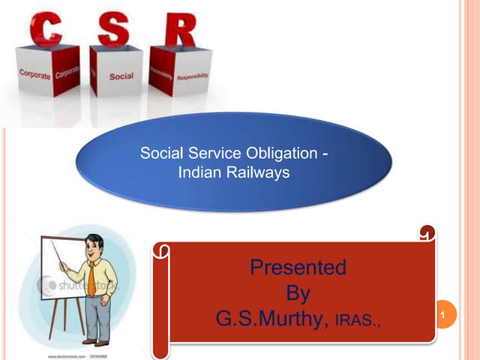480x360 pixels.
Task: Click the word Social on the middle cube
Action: click(121, 76)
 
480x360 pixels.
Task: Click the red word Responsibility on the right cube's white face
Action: click(193, 76)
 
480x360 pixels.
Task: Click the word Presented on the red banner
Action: click(298, 267)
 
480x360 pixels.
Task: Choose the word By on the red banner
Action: click(298, 293)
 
